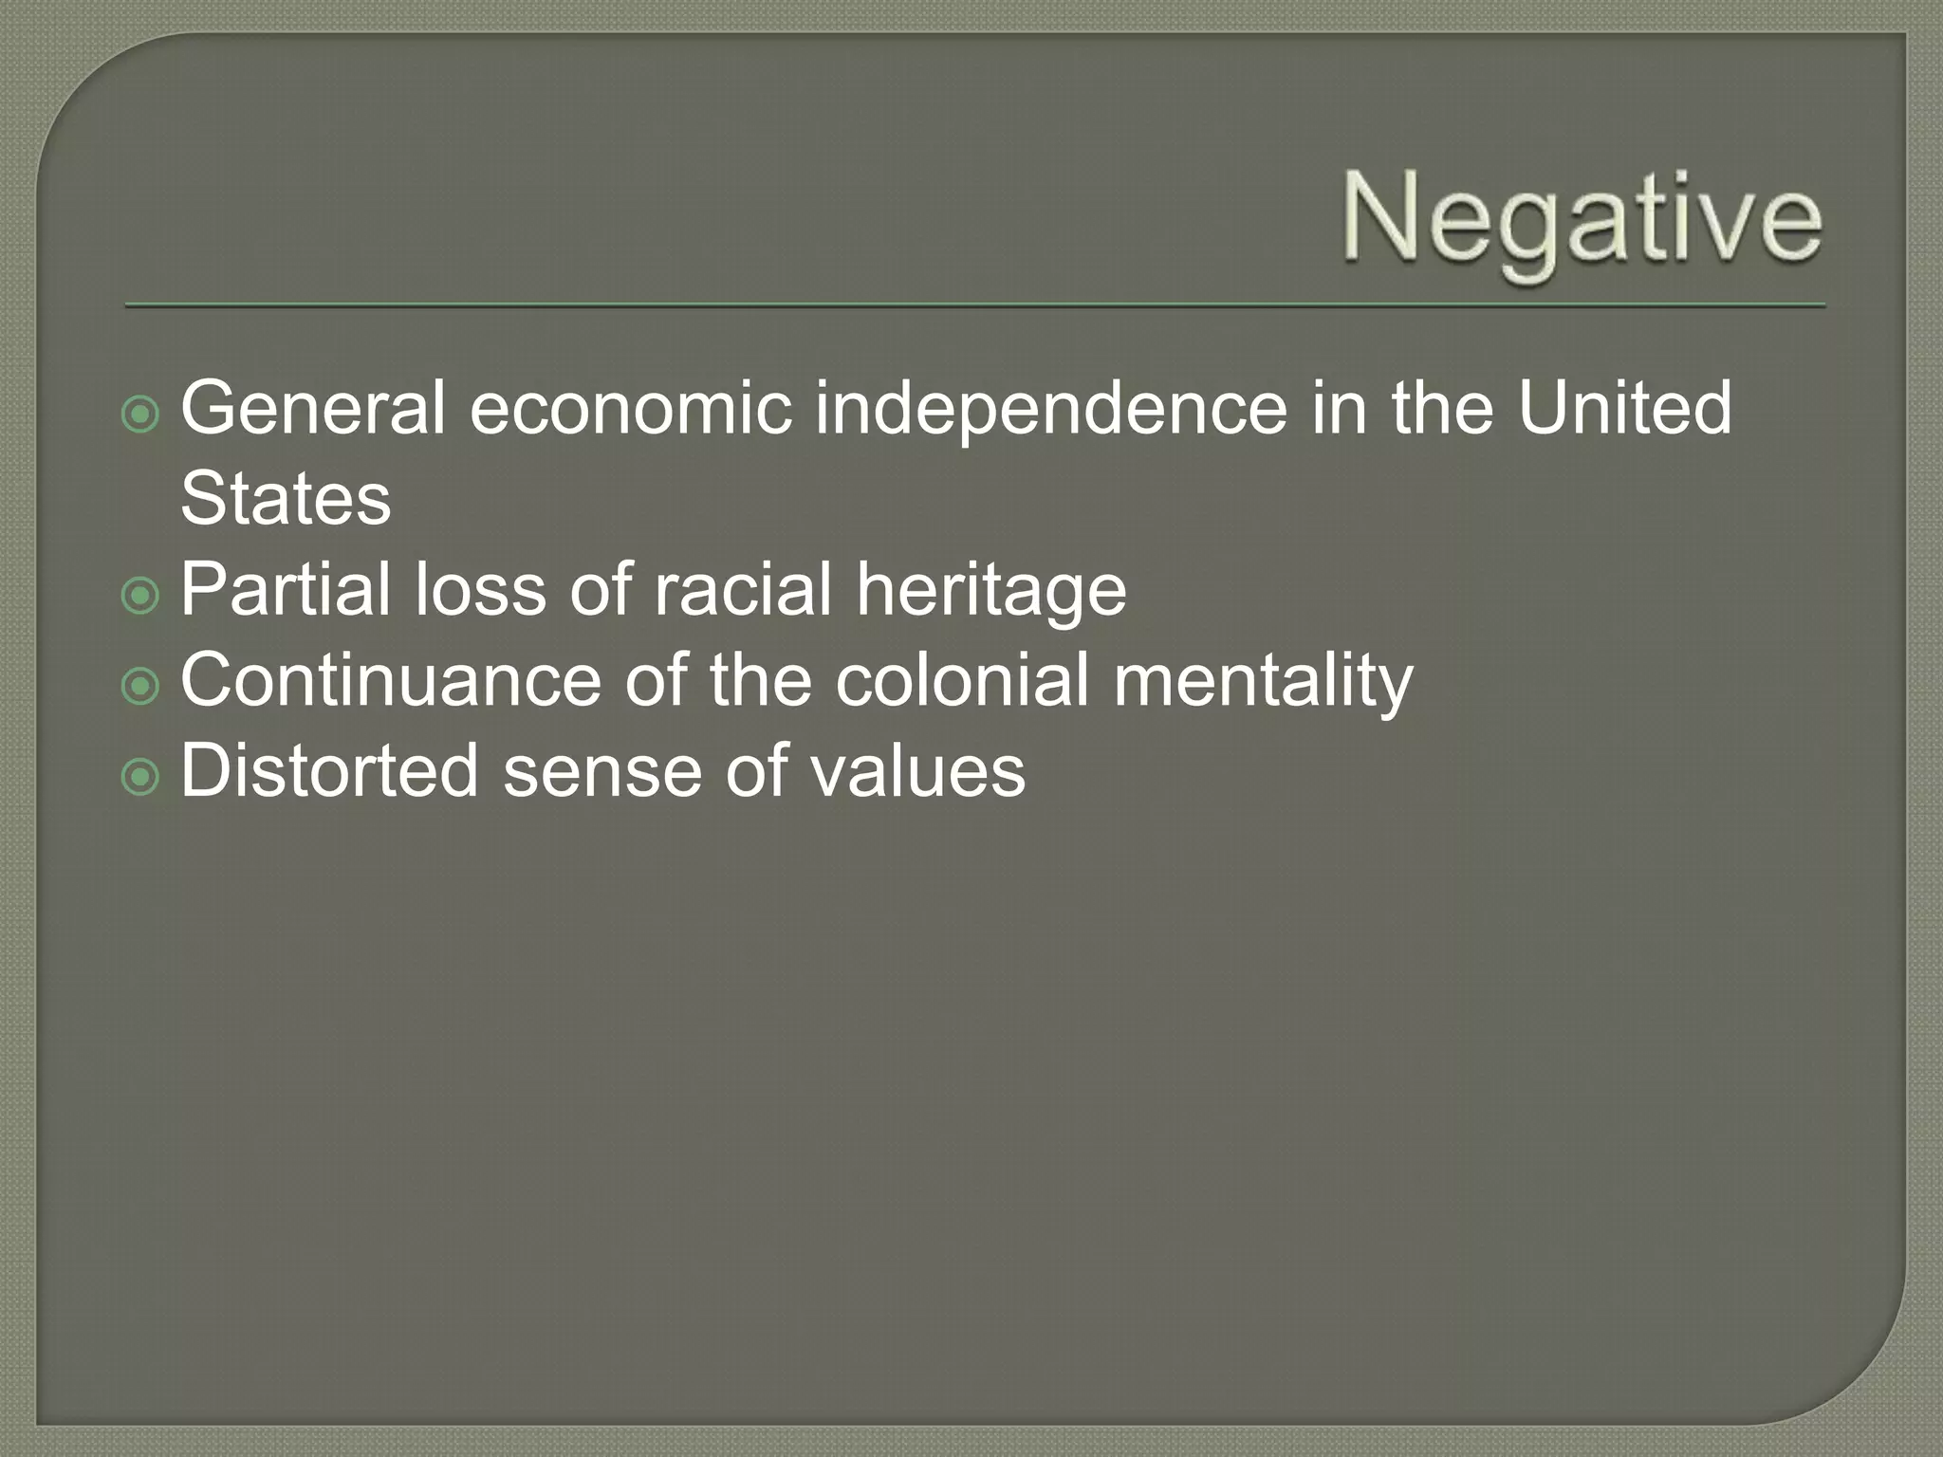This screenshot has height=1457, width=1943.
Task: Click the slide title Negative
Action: (x=1582, y=221)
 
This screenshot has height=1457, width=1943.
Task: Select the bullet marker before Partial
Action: (x=141, y=596)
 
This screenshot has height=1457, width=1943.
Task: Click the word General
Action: (x=313, y=408)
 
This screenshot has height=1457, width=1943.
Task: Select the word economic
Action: (x=631, y=408)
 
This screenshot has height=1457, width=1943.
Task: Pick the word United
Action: (x=1625, y=408)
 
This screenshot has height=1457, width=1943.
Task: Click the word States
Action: (x=286, y=499)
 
